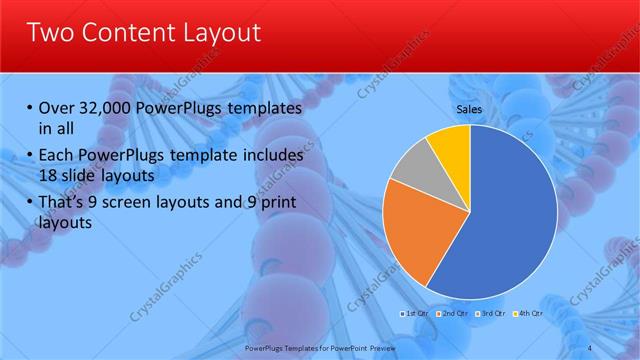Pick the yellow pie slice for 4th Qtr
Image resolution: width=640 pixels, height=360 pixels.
(x=451, y=146)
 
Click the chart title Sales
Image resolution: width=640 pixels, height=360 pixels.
(x=469, y=109)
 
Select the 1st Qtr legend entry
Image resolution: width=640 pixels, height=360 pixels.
(x=415, y=314)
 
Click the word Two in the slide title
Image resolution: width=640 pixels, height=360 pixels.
(x=51, y=33)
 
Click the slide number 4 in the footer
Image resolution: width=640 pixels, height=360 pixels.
(x=590, y=347)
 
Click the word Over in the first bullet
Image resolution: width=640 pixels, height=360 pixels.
(x=57, y=108)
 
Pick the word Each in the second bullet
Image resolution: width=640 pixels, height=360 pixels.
(x=57, y=155)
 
